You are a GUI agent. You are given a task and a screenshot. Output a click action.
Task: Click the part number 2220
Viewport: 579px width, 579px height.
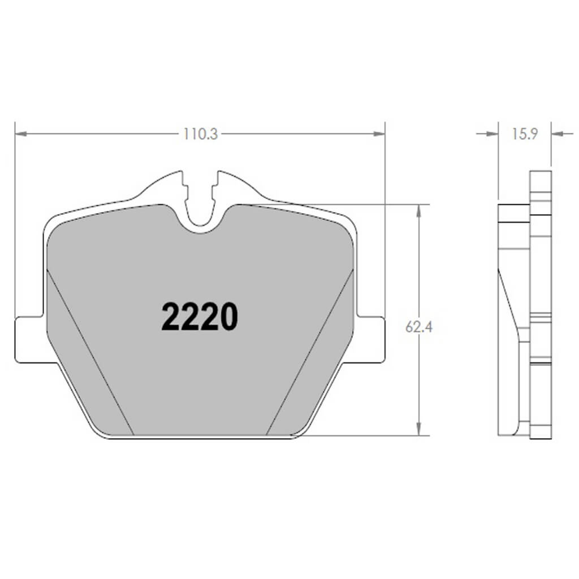click(200, 317)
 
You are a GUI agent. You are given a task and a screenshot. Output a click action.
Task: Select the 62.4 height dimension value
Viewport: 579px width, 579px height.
click(419, 327)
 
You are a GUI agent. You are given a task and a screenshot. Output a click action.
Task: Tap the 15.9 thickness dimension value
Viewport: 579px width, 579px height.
click(524, 135)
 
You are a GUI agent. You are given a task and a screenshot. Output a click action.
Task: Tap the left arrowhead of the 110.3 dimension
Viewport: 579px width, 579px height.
click(20, 134)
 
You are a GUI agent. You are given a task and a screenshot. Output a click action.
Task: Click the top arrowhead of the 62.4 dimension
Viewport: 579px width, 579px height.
click(418, 210)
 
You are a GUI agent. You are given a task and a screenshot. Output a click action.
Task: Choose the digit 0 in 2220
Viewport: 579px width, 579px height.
click(228, 317)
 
